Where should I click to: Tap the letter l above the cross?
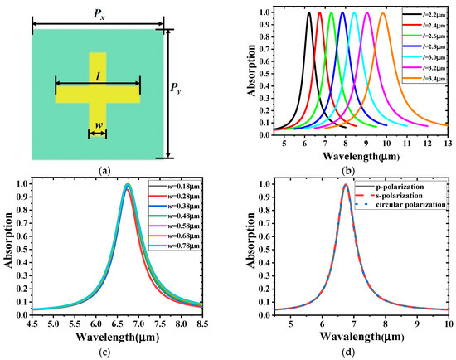click(x=99, y=75)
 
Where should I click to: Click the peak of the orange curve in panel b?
click(x=405, y=13)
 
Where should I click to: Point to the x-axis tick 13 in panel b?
click(x=448, y=144)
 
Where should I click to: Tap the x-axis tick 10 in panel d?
click(x=448, y=325)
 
